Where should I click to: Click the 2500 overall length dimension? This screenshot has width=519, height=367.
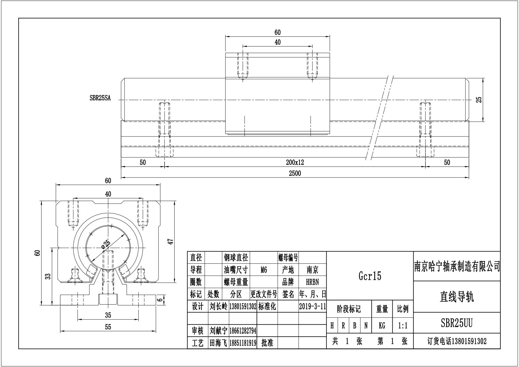tap(295, 173)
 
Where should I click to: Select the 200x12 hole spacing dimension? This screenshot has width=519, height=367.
tap(295, 162)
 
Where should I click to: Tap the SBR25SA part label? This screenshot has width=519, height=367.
tap(100, 98)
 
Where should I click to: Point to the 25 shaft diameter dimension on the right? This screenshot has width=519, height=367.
tap(479, 99)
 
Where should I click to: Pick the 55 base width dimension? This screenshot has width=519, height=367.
tap(108, 327)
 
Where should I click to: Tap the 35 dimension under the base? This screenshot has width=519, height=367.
tap(108, 316)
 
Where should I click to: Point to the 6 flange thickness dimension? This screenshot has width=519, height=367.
tap(160, 300)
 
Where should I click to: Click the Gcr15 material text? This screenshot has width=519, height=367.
tap(370, 276)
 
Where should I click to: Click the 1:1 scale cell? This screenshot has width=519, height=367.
tap(403, 326)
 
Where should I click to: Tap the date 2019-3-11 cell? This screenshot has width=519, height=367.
tap(312, 306)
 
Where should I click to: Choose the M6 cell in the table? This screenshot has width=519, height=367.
tap(264, 270)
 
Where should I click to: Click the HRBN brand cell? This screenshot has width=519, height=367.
tap(312, 282)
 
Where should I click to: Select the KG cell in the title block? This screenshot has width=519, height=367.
tap(382, 326)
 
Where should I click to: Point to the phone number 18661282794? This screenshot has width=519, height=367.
tap(243, 330)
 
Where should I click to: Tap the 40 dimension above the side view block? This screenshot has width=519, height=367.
tap(277, 42)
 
